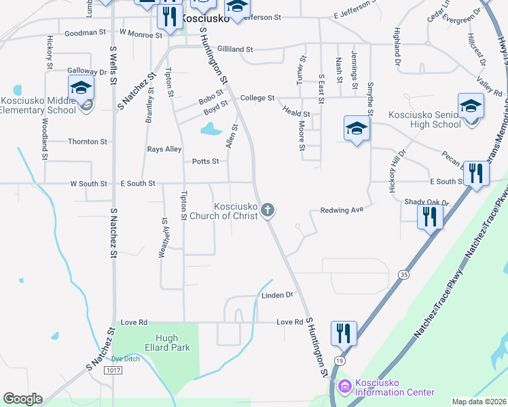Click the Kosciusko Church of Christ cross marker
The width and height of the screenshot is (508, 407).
click(x=268, y=210)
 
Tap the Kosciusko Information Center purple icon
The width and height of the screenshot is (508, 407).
click(x=344, y=387)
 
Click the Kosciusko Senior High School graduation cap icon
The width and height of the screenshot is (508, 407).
click(x=471, y=106)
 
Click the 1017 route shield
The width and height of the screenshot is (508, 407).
click(x=113, y=370)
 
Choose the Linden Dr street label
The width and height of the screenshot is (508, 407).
click(x=277, y=295)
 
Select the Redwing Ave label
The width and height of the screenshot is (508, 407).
click(x=347, y=210)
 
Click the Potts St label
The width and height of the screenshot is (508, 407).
click(x=205, y=161)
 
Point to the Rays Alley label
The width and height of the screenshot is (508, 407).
click(x=164, y=149)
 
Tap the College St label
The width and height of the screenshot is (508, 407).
click(x=257, y=98)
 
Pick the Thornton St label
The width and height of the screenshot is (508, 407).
click(x=88, y=142)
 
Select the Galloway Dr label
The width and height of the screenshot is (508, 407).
click(x=88, y=71)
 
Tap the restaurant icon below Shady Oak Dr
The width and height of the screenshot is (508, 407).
click(x=430, y=216)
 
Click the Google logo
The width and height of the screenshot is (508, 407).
click(x=22, y=399)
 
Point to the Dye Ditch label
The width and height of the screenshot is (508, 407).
click(x=126, y=358)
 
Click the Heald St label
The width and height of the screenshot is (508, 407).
click(x=296, y=115)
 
